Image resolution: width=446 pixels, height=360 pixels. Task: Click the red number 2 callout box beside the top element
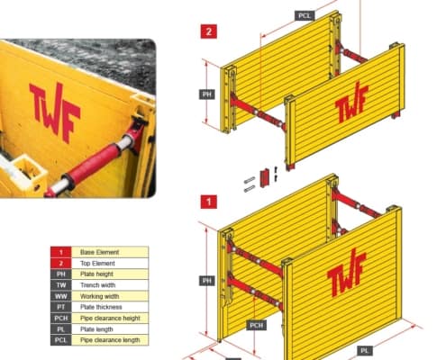click(x=209, y=31)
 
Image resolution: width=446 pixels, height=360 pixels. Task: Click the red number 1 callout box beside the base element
click(x=209, y=202)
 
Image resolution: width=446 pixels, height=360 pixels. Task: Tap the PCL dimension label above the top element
click(x=305, y=15)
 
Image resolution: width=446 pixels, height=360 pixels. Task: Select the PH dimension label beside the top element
click(x=207, y=94)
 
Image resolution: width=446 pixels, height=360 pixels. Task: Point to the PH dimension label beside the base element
click(x=207, y=281)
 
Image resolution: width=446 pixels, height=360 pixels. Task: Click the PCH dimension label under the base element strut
click(x=257, y=325)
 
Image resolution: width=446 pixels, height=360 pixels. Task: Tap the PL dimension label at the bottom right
click(x=365, y=350)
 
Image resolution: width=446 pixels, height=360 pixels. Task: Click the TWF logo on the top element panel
click(x=351, y=103)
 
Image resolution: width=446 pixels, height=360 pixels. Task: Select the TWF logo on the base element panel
click(x=346, y=272)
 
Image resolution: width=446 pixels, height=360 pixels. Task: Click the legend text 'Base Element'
click(x=99, y=252)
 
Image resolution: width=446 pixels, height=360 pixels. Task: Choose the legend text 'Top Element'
click(x=97, y=264)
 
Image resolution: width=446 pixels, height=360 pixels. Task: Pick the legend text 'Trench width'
click(x=98, y=285)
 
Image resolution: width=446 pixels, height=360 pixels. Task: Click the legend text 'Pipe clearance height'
click(x=110, y=318)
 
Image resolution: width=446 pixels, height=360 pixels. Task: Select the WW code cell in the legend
click(x=61, y=296)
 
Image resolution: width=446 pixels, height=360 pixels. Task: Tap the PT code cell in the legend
click(x=61, y=307)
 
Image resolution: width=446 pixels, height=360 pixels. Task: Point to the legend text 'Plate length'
click(x=96, y=329)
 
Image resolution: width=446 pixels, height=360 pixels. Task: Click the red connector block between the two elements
click(x=264, y=178)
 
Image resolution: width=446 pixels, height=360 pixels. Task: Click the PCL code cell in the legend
click(x=61, y=340)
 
